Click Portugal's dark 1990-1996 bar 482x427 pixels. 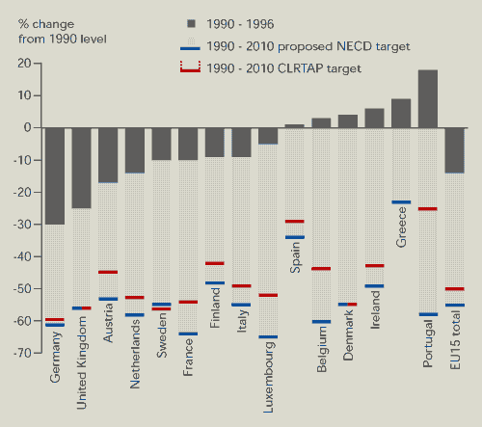coord(428,98)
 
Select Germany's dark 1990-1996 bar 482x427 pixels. coord(55,176)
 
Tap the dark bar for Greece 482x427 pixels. coord(401,113)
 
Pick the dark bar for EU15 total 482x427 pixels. coord(454,150)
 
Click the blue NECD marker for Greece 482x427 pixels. coord(401,202)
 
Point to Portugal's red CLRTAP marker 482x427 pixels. coord(428,209)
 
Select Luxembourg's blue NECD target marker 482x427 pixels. coord(268,336)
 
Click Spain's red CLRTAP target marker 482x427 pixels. coord(294,222)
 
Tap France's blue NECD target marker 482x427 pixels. coord(188,334)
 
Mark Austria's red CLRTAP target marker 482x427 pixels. coord(108,272)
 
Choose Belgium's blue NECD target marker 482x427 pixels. coord(321,322)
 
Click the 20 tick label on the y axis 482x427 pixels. coord(24,64)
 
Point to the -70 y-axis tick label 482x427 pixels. coord(22,353)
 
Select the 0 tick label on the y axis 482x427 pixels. coord(28,127)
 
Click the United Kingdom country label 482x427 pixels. coord(82,362)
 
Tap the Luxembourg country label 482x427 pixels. coord(268,377)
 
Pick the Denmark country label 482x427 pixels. coord(348,335)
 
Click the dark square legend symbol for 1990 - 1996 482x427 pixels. coord(191,24)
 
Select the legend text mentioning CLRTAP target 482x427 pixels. coord(283,68)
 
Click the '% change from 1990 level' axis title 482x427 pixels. coord(63,32)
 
